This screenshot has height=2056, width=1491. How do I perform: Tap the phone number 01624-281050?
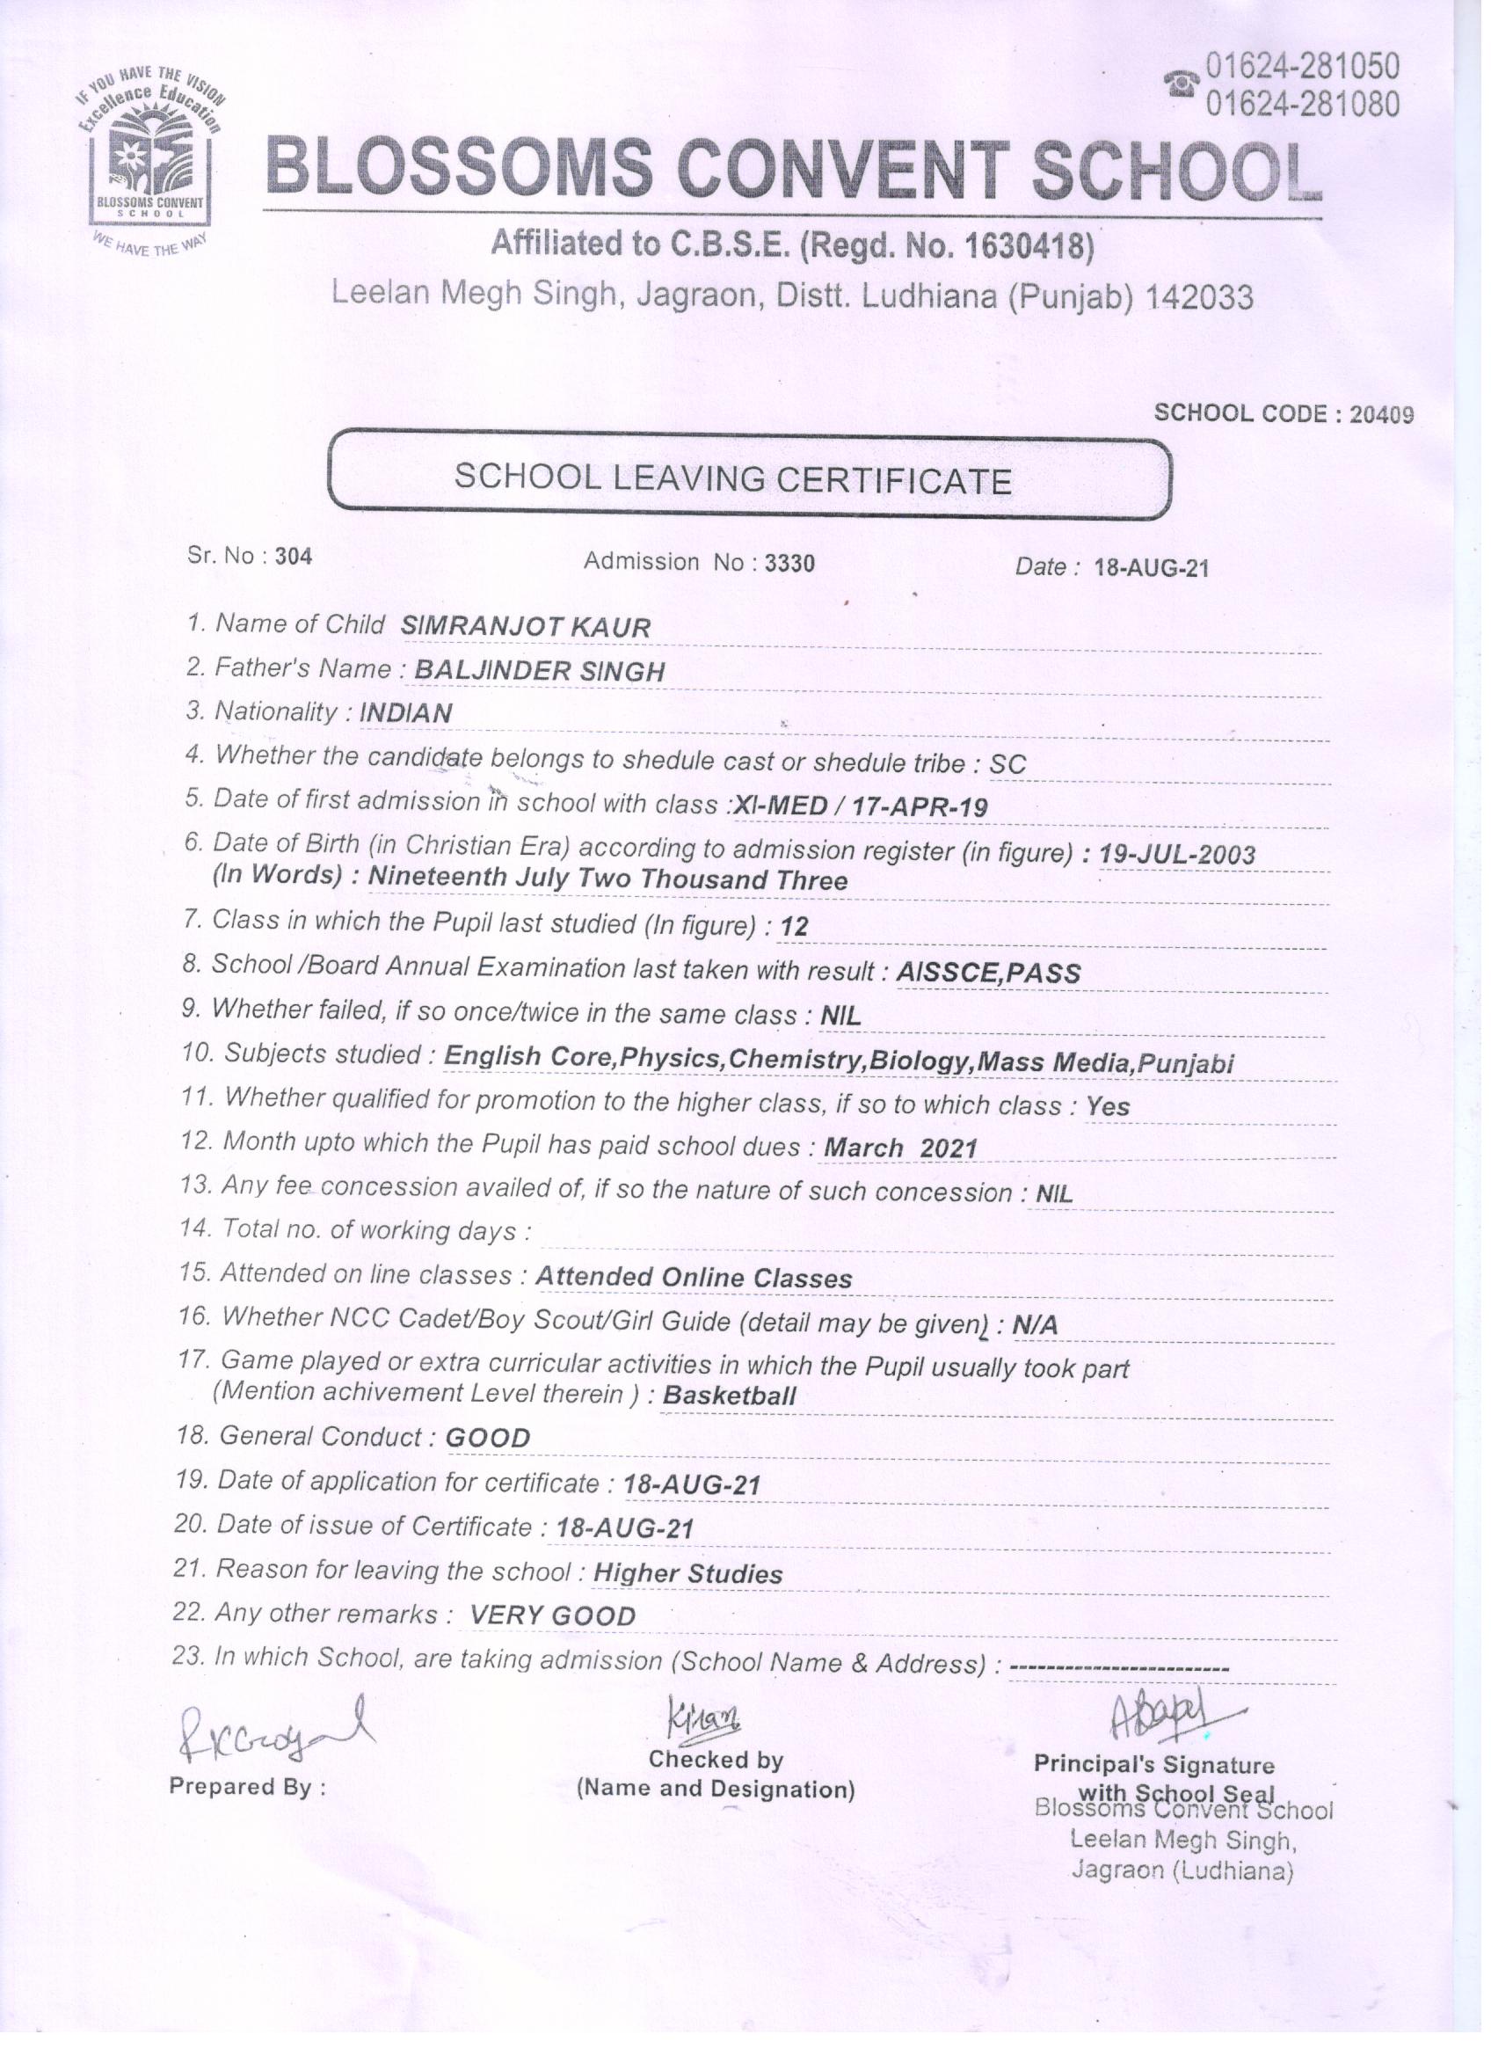tap(1302, 66)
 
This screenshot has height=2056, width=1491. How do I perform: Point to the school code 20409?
tap(1380, 414)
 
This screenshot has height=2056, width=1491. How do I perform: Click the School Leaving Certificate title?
tap(732, 478)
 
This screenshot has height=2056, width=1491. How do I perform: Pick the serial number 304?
tap(294, 556)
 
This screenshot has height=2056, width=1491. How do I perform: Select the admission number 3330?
tap(789, 563)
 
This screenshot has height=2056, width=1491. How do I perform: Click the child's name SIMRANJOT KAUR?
tap(526, 626)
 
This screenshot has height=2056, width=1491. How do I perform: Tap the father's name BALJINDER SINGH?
tap(539, 671)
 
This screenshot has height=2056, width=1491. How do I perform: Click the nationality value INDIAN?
tap(405, 713)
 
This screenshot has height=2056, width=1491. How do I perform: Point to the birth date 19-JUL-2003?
tap(1176, 854)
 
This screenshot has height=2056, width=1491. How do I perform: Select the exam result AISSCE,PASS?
tap(988, 973)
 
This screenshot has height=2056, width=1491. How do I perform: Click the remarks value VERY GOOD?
tap(552, 1615)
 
